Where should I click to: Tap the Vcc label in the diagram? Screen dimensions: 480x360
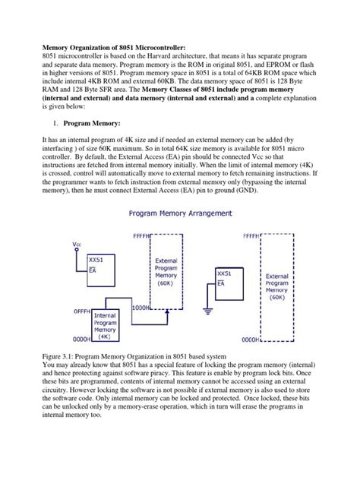tap(77, 245)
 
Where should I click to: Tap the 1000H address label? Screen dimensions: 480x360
tap(141, 308)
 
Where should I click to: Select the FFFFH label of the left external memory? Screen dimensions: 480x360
tap(141, 236)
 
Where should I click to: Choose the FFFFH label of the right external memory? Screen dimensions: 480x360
tap(253, 236)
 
